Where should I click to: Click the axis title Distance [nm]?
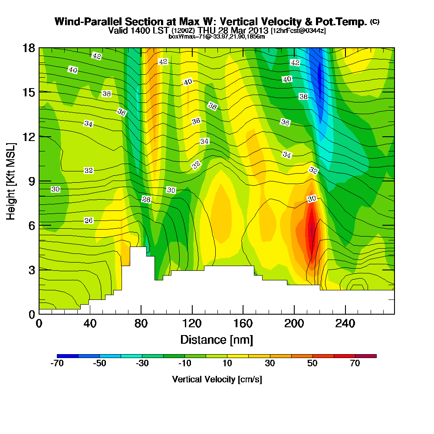pyautogui.click(x=217, y=339)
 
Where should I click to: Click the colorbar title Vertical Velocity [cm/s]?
pyautogui.click(x=217, y=379)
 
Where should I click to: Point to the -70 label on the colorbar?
pyautogui.click(x=57, y=364)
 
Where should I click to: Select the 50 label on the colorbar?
pyautogui.click(x=312, y=364)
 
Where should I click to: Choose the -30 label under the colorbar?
pyautogui.click(x=142, y=364)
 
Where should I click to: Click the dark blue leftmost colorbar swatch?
pyautogui.click(x=67, y=356)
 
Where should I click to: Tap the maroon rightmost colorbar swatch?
pyautogui.click(x=366, y=356)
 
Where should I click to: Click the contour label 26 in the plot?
pyautogui.click(x=89, y=220)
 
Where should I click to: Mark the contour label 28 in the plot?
pyautogui.click(x=146, y=199)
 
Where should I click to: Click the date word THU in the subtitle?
pyautogui.click(x=207, y=30)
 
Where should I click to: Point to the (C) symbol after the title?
pyautogui.click(x=375, y=22)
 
